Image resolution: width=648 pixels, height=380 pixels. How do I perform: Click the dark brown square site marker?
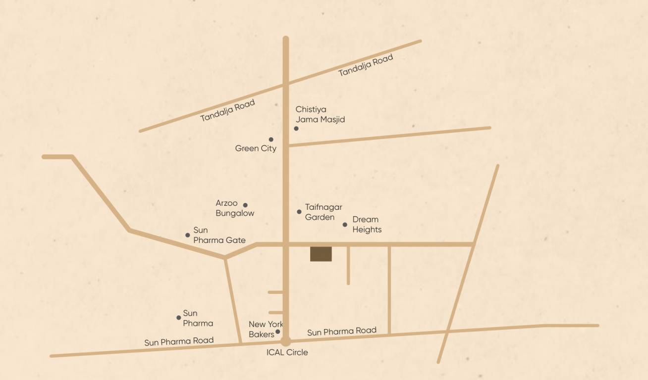tap(321, 254)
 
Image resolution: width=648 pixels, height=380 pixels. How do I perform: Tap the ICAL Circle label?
tap(287, 352)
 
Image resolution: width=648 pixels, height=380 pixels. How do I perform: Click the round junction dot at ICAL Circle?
tap(285, 341)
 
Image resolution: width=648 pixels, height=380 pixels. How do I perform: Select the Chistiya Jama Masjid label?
tap(320, 114)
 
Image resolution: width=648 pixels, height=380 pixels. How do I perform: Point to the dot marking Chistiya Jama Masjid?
tap(296, 129)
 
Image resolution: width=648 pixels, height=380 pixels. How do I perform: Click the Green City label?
tap(256, 148)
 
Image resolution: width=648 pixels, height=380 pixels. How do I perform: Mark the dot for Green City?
tap(271, 140)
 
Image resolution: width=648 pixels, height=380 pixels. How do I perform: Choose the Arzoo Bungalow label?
tap(235, 208)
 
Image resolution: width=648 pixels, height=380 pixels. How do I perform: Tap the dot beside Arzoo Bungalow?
tap(245, 205)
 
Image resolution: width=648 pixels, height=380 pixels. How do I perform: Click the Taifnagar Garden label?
tap(323, 212)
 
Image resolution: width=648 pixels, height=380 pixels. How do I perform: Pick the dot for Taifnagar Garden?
tap(299, 212)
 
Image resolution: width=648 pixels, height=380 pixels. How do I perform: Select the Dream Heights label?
tap(367, 225)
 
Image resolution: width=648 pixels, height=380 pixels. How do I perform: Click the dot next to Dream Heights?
tap(345, 225)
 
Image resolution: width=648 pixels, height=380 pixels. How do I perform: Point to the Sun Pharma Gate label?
tap(219, 236)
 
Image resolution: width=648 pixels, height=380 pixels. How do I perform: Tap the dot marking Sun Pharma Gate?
tap(188, 235)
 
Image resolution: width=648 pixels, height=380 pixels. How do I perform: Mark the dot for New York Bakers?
tap(278, 332)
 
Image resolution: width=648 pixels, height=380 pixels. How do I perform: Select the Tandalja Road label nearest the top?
tap(366, 65)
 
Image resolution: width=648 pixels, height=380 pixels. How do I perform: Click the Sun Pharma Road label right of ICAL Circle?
tap(342, 332)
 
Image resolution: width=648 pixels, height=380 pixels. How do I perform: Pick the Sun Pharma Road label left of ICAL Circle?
tap(179, 341)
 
